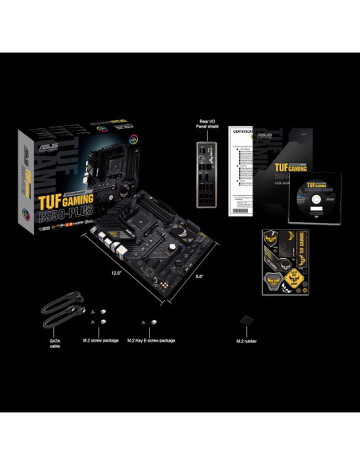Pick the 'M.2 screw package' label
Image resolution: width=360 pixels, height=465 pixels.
pos(100,341)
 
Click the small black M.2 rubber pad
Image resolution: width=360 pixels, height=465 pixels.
pos(247,320)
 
